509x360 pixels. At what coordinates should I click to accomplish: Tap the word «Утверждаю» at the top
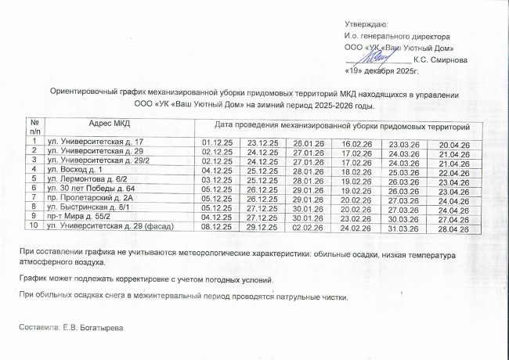[x=371, y=25]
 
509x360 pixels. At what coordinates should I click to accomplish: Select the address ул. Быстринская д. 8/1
[x=95, y=207]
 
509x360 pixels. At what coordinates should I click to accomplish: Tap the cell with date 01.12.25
[x=217, y=142]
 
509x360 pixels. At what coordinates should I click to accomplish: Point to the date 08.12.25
[x=217, y=226]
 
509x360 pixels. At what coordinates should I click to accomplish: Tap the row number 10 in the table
[x=34, y=226]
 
